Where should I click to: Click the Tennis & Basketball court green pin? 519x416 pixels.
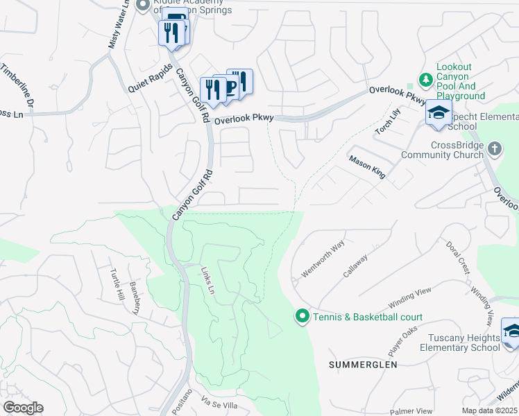(302, 317)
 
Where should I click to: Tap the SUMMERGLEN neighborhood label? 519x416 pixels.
(363, 364)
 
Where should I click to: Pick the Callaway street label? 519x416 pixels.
(355, 265)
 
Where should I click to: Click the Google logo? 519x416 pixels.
(23, 408)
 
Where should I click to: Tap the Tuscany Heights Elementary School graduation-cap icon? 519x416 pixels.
(511, 331)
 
